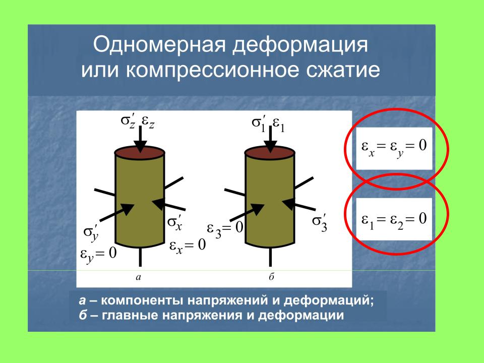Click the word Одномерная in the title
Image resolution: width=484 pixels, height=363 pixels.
(x=160, y=45)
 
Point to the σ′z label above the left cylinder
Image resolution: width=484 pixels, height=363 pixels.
(x=128, y=122)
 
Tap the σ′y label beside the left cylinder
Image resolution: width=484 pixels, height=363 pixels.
(x=91, y=232)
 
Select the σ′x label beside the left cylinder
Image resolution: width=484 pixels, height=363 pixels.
(x=175, y=223)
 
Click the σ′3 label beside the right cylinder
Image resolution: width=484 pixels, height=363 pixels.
(x=320, y=222)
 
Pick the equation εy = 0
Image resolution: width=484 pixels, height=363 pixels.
(x=98, y=254)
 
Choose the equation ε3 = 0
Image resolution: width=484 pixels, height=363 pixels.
(x=225, y=229)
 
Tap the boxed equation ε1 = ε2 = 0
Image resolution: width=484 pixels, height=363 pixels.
(x=394, y=220)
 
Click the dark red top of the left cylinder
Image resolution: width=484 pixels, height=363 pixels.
(x=140, y=152)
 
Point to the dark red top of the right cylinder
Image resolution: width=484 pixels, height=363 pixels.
(x=270, y=152)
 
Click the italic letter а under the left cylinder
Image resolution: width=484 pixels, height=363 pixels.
(x=138, y=277)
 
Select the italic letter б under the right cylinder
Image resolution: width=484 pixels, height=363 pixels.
(x=271, y=276)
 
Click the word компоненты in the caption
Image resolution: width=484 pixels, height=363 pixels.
(x=143, y=300)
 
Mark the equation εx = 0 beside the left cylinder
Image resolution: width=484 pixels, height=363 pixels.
(x=188, y=246)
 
